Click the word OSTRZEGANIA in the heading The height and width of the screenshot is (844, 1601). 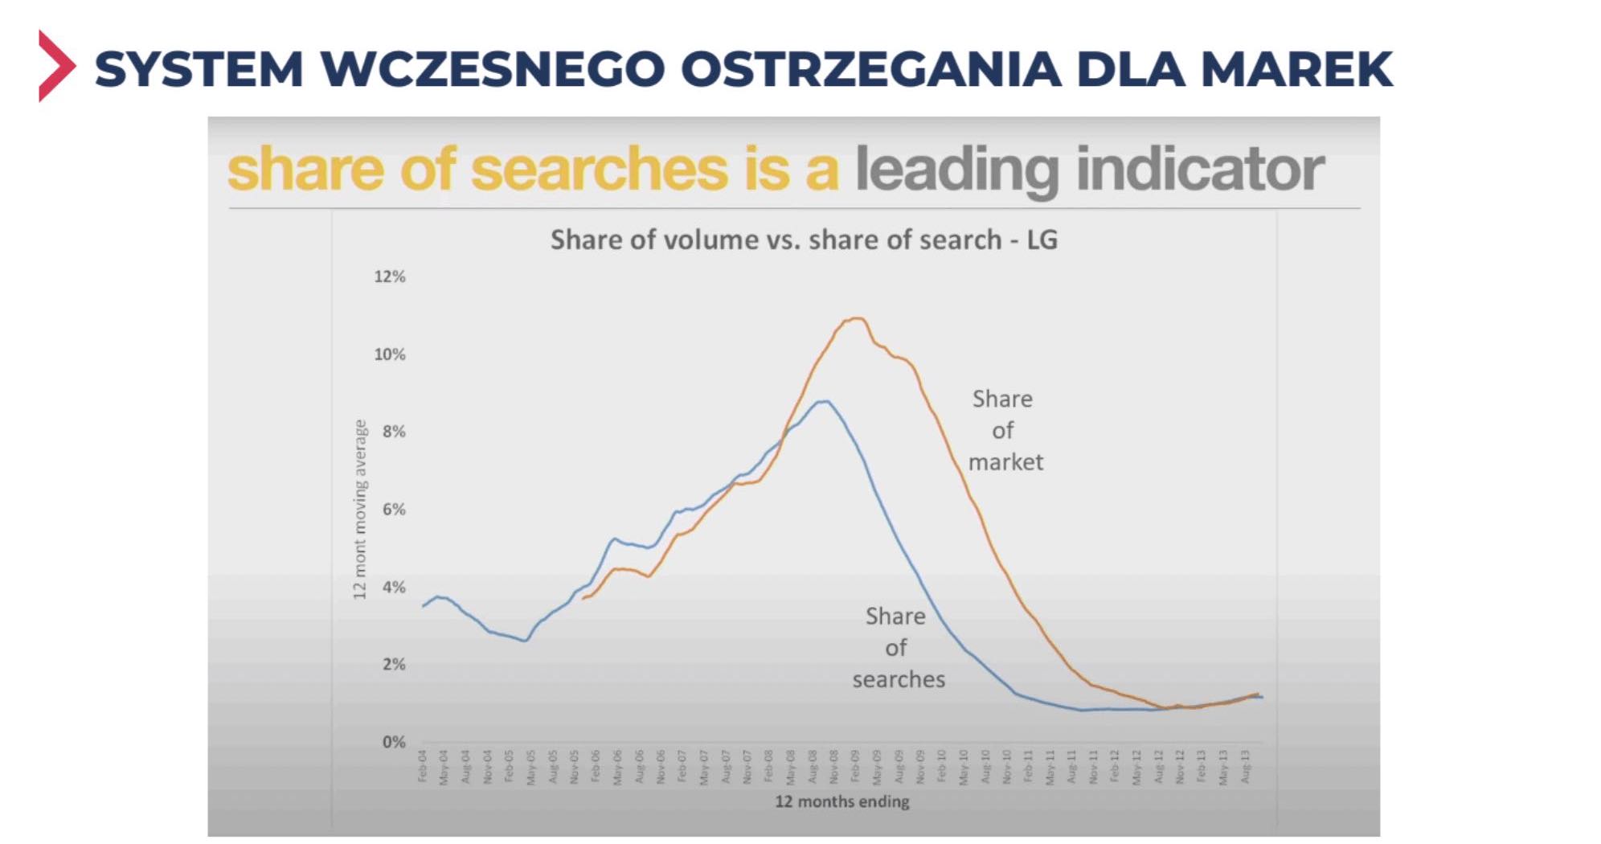pyautogui.click(x=871, y=69)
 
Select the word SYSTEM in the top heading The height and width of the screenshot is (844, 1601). pyautogui.click(x=199, y=69)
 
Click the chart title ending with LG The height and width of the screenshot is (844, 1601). pyautogui.click(x=803, y=240)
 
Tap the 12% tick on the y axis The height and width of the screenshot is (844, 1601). pyautogui.click(x=390, y=277)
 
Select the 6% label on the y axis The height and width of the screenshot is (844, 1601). pyautogui.click(x=394, y=509)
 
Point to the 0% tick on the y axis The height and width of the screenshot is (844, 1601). pyautogui.click(x=394, y=742)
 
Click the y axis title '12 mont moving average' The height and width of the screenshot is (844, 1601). pyautogui.click(x=360, y=509)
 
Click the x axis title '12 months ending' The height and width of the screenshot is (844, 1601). pyautogui.click(x=841, y=801)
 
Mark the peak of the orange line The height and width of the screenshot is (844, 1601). pyautogui.click(x=857, y=318)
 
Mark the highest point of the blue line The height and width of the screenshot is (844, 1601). pyautogui.click(x=825, y=401)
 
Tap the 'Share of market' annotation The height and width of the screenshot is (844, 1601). pyautogui.click(x=1004, y=430)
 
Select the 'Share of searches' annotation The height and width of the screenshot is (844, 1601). pyautogui.click(x=898, y=648)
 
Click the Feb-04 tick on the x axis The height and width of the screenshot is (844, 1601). pyautogui.click(x=423, y=765)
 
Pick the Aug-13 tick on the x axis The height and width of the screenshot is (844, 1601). pyautogui.click(x=1246, y=766)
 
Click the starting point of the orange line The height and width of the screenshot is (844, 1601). pyautogui.click(x=583, y=598)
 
